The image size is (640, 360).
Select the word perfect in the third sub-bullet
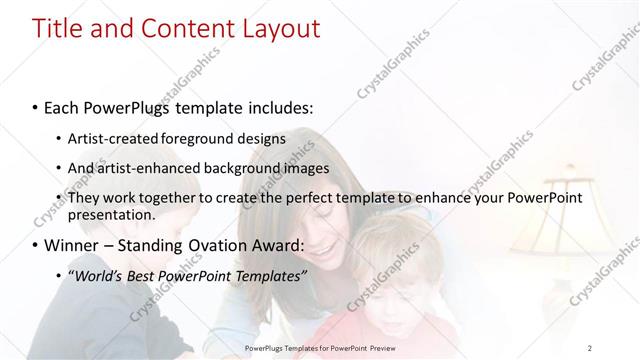click(x=313, y=198)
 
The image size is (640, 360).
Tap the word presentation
click(x=112, y=214)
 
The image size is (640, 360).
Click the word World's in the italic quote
click(x=101, y=275)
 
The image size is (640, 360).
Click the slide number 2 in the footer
click(x=589, y=347)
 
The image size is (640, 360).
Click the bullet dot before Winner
click(x=36, y=245)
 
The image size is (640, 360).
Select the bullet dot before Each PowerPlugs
click(x=36, y=105)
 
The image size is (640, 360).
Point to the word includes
click(x=278, y=105)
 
